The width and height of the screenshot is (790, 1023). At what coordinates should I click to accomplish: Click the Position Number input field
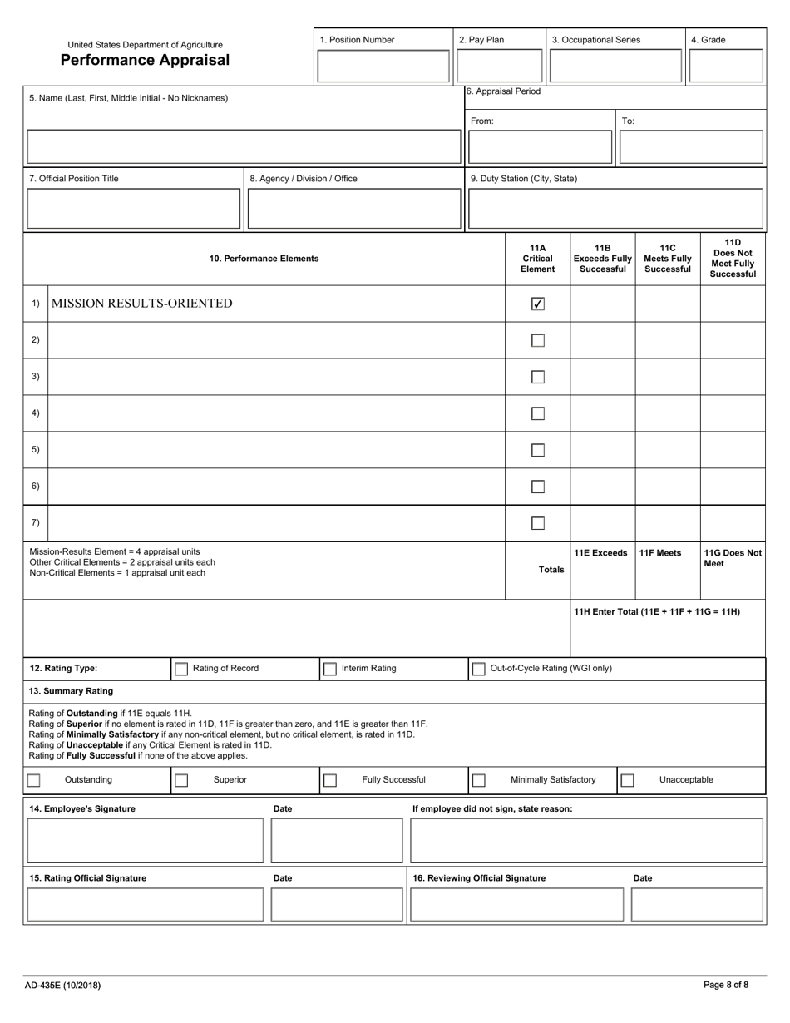[x=383, y=66]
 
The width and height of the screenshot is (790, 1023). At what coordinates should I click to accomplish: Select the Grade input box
[x=726, y=66]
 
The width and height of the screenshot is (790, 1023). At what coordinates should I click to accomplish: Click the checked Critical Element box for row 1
[x=538, y=304]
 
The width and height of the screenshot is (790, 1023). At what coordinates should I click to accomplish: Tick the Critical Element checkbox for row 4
[x=538, y=413]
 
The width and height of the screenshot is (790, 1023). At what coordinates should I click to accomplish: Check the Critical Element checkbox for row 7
[x=538, y=523]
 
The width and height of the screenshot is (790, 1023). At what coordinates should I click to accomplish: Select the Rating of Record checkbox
[x=181, y=669]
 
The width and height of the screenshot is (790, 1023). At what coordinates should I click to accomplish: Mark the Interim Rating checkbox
[x=330, y=669]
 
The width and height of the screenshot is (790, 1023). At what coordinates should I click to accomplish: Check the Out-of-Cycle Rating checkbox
[x=479, y=669]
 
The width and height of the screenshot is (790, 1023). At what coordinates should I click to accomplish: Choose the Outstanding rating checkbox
[x=33, y=780]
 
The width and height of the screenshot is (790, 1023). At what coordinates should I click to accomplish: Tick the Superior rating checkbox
[x=181, y=780]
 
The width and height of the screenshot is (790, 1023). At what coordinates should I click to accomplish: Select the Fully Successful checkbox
[x=330, y=780]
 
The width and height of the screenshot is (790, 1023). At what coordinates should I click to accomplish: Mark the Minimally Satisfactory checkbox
[x=479, y=780]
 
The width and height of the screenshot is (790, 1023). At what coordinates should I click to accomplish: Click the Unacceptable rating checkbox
[x=628, y=780]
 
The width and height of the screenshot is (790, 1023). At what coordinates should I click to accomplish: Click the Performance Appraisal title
[x=145, y=61]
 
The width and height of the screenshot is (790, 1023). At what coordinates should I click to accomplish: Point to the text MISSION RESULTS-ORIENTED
[x=142, y=304]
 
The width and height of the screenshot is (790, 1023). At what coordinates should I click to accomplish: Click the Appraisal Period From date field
[x=541, y=148]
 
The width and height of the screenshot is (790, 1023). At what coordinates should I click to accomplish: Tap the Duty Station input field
[x=615, y=210]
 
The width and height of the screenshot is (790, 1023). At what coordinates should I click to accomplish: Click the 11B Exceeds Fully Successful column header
[x=603, y=259]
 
